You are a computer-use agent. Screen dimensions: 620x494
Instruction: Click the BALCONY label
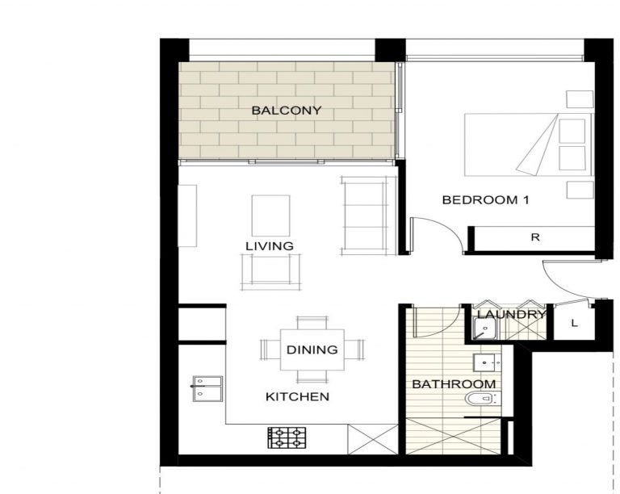(x=287, y=111)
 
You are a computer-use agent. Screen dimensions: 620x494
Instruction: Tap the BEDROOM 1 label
(x=485, y=200)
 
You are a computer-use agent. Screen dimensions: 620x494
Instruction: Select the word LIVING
(x=270, y=246)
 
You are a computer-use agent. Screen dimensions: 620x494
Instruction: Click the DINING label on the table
(x=312, y=350)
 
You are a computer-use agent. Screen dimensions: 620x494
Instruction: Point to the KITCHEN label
(x=297, y=396)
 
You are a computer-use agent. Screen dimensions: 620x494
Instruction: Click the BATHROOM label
(x=454, y=383)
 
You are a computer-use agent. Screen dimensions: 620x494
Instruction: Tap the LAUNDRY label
(x=511, y=315)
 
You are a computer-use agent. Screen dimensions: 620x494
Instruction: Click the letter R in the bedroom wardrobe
(x=535, y=237)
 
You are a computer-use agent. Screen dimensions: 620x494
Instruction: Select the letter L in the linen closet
(x=575, y=323)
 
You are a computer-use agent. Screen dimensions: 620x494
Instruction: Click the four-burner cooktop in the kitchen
(x=287, y=437)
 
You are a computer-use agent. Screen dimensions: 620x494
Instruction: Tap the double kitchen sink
(x=207, y=389)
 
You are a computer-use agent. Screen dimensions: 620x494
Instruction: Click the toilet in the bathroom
(x=483, y=399)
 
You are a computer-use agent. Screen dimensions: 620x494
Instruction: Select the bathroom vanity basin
(x=487, y=362)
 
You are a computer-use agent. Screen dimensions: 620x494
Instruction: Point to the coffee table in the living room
(x=271, y=216)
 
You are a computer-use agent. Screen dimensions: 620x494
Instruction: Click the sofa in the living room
(x=369, y=216)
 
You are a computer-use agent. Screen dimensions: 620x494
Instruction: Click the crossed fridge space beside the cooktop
(x=372, y=439)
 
